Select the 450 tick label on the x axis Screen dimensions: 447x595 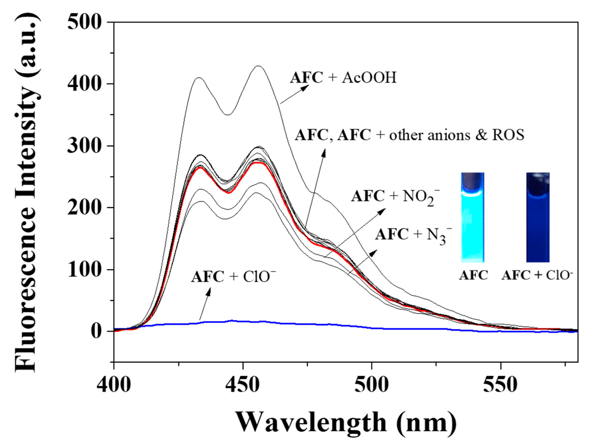[x=243, y=385]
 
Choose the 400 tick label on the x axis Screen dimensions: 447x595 [x=114, y=385]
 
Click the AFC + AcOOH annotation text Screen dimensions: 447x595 [x=343, y=78]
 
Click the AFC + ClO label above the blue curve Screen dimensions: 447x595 [x=233, y=277]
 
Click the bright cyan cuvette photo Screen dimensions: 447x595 [x=473, y=217]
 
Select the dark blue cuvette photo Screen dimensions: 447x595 [x=538, y=217]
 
